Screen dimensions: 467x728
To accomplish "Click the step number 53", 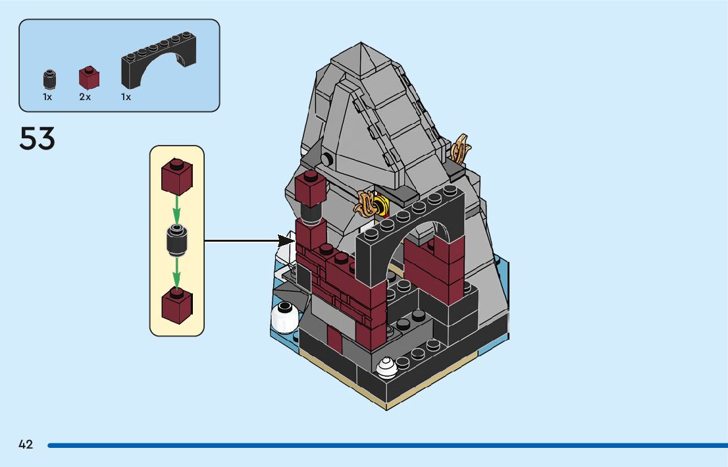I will click(x=38, y=138).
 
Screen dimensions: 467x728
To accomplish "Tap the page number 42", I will click(x=26, y=445).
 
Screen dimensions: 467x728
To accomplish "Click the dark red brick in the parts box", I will click(x=89, y=78).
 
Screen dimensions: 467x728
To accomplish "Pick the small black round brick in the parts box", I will click(x=48, y=79).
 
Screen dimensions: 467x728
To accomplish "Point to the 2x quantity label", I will click(x=85, y=97).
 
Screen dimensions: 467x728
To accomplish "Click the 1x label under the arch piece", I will click(x=126, y=97).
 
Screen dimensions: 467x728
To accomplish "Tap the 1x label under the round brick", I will click(x=47, y=97).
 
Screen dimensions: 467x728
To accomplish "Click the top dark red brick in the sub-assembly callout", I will click(x=176, y=176).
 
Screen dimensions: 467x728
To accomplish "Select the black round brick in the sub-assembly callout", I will click(x=176, y=240).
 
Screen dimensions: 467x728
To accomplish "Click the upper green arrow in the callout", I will click(x=176, y=209).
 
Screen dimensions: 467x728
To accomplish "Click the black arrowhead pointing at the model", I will click(x=287, y=240).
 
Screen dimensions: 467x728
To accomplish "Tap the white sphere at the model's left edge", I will click(x=284, y=316).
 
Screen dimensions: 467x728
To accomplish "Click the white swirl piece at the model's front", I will click(x=386, y=366).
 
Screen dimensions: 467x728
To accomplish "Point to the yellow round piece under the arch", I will click(x=381, y=206).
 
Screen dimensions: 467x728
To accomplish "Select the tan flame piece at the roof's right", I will click(x=461, y=148).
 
